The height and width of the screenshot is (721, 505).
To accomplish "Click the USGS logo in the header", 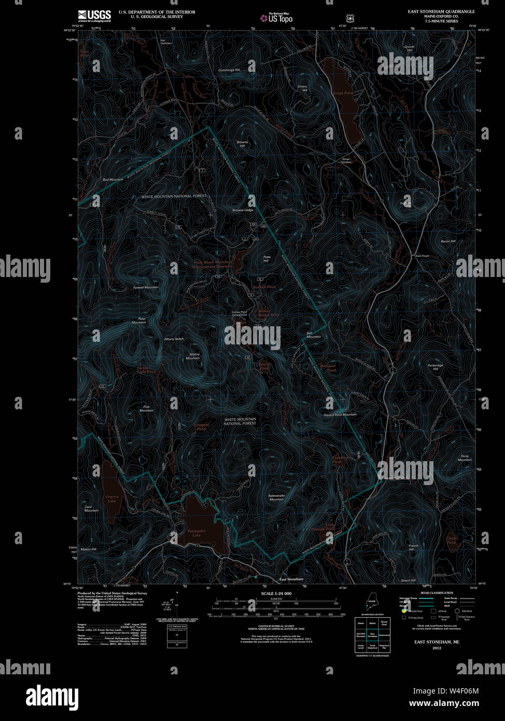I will [x=94, y=15].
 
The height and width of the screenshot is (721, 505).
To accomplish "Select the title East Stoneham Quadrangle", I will [x=441, y=11].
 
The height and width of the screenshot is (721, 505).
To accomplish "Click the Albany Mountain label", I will [x=192, y=356].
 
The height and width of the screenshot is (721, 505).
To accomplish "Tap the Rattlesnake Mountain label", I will [x=276, y=497].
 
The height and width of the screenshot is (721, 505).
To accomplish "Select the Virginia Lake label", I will [x=112, y=498].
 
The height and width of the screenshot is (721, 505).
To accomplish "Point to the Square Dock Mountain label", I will [x=340, y=414].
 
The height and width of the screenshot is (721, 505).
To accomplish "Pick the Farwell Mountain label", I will [x=146, y=287].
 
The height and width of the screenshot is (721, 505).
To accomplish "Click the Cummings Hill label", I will [x=229, y=70].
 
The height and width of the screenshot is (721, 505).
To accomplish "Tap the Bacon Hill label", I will [x=447, y=242].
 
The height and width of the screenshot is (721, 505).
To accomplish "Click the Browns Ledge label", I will [x=243, y=210].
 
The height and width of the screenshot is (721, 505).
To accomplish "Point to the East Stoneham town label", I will [x=291, y=579].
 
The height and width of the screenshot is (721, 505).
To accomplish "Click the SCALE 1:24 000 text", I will [x=276, y=593].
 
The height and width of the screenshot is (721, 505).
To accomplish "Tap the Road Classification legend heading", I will [x=437, y=593].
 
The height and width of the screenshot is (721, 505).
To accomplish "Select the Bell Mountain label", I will [x=314, y=335].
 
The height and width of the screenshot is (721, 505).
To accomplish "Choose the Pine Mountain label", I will [x=146, y=409].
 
